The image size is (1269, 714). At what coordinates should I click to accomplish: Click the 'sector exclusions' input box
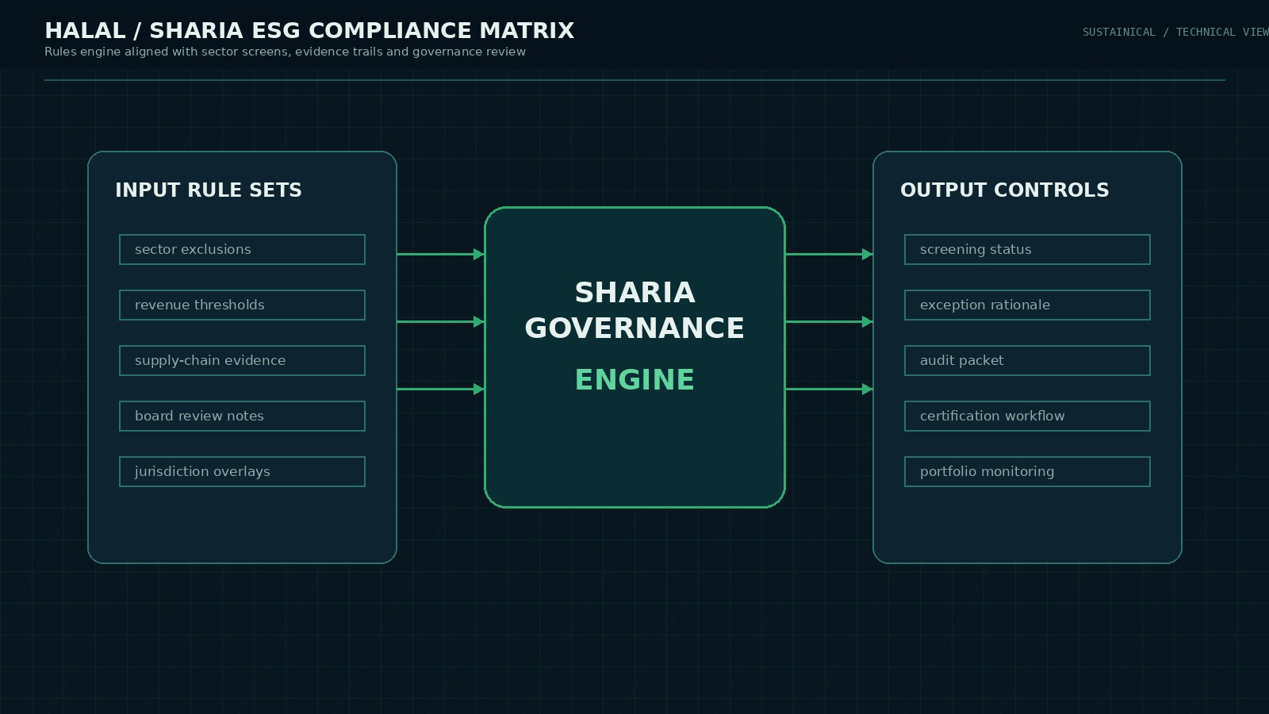[242, 249]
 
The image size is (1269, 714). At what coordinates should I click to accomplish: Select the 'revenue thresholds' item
[242, 305]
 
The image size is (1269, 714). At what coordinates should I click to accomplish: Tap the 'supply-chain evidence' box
[242, 360]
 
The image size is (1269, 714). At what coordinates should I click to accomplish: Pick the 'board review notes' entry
[242, 416]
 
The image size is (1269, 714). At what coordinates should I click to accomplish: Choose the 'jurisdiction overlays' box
[242, 471]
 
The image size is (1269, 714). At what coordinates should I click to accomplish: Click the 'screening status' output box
[1027, 249]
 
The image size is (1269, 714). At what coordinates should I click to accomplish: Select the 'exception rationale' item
[1027, 305]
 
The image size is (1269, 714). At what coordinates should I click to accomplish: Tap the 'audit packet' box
[1027, 360]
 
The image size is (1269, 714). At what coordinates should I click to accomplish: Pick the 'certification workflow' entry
[1027, 416]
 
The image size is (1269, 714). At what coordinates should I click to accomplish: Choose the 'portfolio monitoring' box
[1027, 471]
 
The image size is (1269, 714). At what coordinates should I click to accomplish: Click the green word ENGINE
[634, 380]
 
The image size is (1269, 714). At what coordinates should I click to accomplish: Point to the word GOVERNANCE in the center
[634, 328]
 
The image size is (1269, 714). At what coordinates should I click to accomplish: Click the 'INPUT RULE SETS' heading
[209, 190]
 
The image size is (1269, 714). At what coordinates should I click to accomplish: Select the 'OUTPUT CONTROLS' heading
[1004, 190]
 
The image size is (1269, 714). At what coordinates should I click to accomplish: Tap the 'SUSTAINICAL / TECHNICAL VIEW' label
[1175, 32]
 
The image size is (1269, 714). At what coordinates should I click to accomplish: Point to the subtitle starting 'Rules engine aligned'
[285, 52]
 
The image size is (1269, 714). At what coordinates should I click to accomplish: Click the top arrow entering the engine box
[440, 254]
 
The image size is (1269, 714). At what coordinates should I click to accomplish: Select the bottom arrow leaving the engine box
[829, 389]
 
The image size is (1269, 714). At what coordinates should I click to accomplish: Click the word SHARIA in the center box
[634, 293]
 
